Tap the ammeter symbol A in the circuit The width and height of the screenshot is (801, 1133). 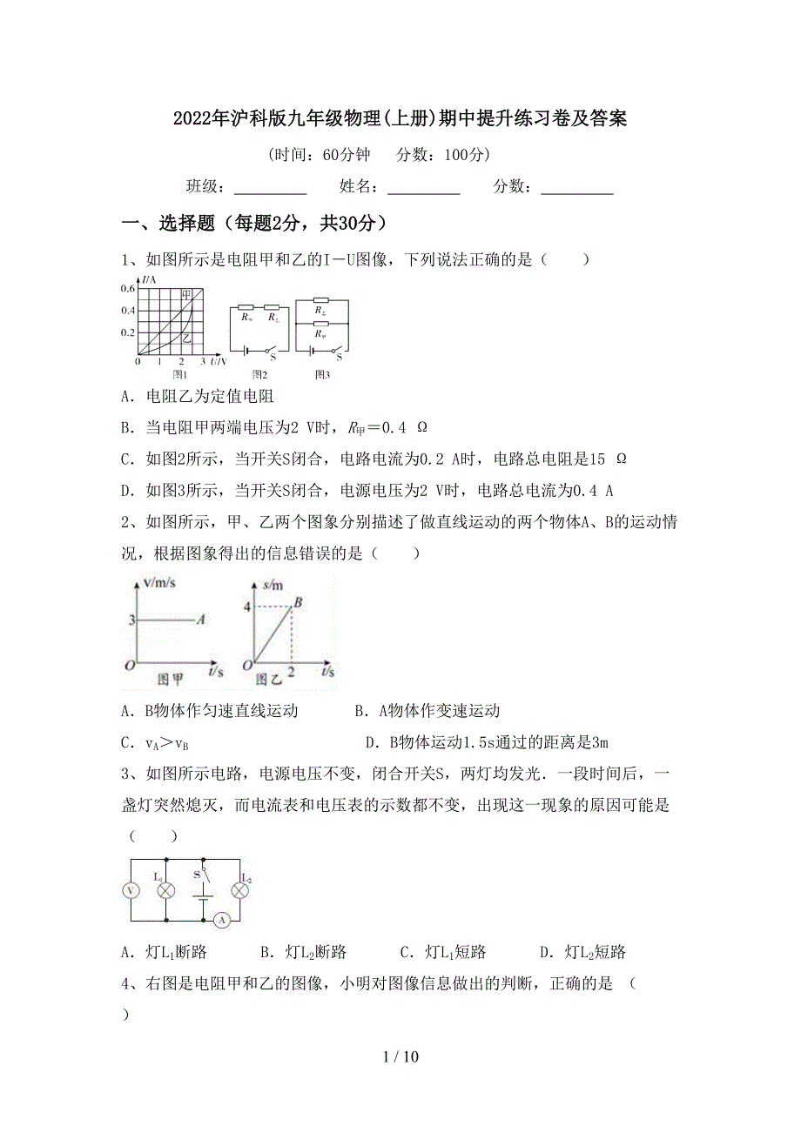point(221,920)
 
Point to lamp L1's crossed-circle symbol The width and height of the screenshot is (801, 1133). point(165,890)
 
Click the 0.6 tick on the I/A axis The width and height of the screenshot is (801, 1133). point(128,289)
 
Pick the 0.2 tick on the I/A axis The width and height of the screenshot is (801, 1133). point(128,332)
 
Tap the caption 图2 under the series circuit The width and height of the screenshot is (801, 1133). point(259,374)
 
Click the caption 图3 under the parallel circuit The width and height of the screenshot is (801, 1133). point(322,374)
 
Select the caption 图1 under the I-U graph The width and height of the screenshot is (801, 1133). point(180,374)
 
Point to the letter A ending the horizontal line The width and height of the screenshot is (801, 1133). point(200,620)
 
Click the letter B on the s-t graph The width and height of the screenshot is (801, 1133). point(297,601)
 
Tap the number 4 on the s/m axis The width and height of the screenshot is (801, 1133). point(246,607)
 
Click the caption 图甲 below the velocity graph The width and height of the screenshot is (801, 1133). point(170,680)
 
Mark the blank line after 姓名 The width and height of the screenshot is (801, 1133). point(423,186)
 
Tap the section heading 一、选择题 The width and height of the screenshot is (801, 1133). point(165,224)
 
